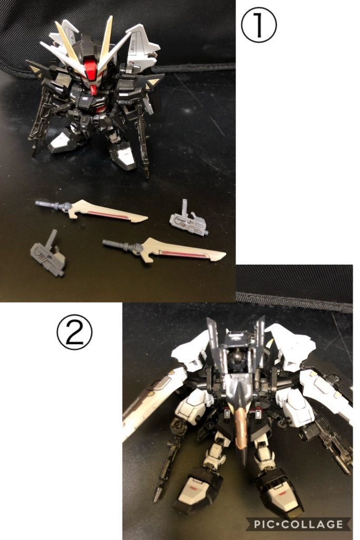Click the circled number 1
(258, 25)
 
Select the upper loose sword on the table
(92, 210)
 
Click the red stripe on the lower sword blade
(183, 254)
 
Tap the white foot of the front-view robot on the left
(64, 142)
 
